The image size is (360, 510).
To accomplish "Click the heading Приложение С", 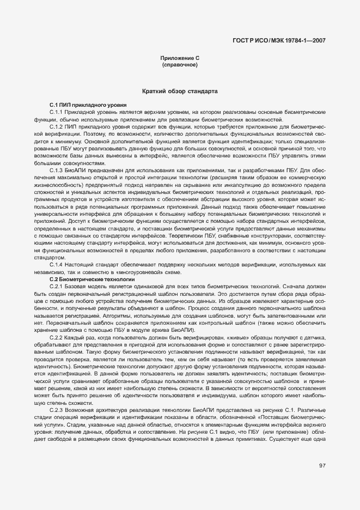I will coord(179,58).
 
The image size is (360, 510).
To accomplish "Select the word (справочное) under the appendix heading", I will coord(179,65).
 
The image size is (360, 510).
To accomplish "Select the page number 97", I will coord(322,465).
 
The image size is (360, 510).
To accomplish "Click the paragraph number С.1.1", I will coord(57,111).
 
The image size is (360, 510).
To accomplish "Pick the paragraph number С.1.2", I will coord(57,126).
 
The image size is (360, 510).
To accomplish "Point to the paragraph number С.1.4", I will coord(57,264).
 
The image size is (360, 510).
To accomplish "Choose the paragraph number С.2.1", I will coord(57,286).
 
